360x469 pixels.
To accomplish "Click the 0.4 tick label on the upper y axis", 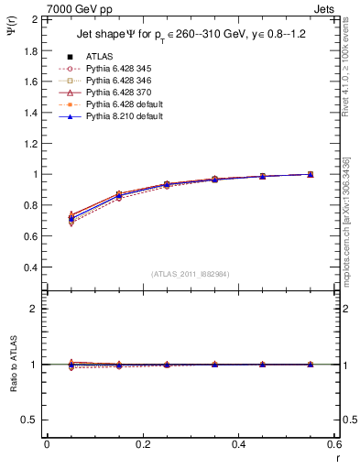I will [x=32, y=267].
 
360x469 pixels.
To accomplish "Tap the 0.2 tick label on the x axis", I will [x=143, y=443].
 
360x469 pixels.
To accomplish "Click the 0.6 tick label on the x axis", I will [x=334, y=443].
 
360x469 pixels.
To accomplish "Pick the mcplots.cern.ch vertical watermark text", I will [x=352, y=220].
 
